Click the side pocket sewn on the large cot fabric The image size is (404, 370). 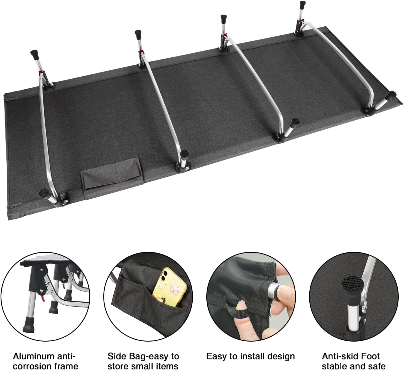(x=112, y=173)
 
